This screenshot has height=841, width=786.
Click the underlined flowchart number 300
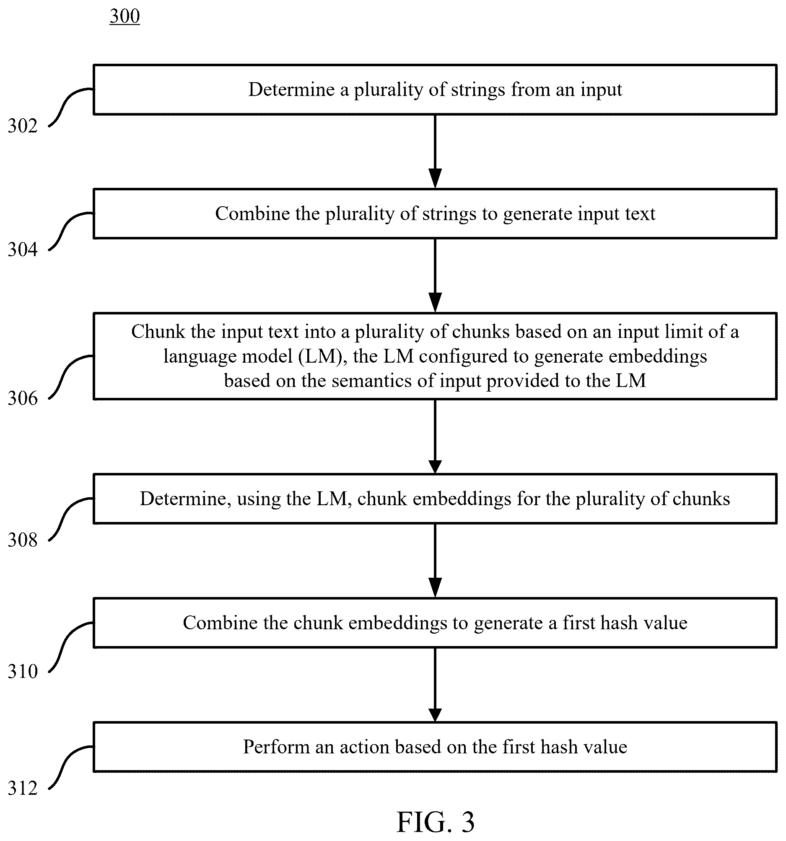(125, 16)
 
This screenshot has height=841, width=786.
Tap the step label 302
(23, 126)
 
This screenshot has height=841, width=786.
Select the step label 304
(23, 249)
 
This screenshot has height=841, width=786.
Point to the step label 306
(23, 398)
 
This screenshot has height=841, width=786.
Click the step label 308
(23, 540)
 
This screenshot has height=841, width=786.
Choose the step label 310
(23, 671)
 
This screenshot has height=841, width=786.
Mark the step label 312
(23, 788)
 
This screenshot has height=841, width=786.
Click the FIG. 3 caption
(435, 821)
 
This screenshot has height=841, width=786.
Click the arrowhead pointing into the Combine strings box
(435, 178)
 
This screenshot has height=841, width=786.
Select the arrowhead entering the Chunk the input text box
(435, 302)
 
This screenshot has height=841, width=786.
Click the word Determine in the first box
(291, 90)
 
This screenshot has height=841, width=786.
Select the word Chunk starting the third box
(158, 331)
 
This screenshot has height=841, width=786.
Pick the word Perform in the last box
(276, 747)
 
